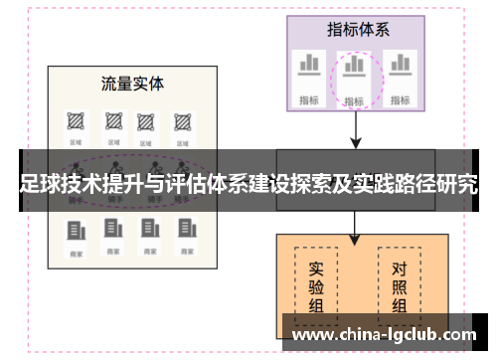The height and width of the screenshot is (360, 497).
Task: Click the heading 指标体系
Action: [357, 29]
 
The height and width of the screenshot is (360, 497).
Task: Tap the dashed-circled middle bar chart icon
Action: [354, 68]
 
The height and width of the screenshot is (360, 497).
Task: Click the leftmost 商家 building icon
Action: [76, 231]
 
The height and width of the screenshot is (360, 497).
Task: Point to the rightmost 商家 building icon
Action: [183, 231]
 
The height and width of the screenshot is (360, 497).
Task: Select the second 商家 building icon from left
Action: [111, 231]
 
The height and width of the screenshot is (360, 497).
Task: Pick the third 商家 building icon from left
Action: [147, 231]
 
